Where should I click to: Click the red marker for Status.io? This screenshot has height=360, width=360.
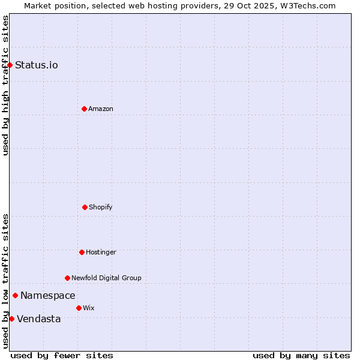10,65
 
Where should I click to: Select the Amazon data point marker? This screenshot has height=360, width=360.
84,109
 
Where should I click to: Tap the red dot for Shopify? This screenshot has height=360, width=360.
85,207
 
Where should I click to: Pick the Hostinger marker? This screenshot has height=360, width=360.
82,252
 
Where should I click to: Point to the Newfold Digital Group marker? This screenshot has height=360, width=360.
67,278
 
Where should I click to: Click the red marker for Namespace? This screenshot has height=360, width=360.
15,295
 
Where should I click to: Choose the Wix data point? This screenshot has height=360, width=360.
79,308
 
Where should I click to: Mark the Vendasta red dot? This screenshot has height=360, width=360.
11,319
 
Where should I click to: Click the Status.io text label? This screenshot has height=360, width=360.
37,65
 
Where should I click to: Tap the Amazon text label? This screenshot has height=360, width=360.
101,109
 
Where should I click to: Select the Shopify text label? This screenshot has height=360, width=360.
101,207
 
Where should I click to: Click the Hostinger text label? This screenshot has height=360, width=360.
101,252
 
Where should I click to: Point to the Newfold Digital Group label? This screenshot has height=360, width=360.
107,278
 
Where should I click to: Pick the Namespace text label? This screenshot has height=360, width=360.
48,295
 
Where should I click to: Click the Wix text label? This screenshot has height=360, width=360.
89,308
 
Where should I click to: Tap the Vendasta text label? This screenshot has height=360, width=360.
39,319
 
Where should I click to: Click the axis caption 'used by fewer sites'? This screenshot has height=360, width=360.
62,355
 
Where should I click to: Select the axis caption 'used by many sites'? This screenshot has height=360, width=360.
301,355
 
